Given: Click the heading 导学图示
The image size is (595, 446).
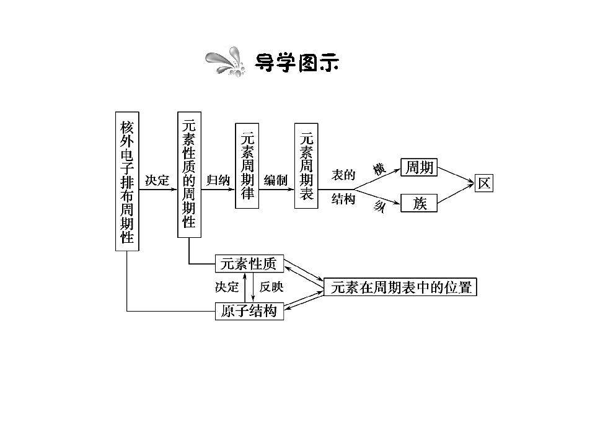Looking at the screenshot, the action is coord(297,63).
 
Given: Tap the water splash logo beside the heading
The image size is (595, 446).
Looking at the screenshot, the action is coord(226,61).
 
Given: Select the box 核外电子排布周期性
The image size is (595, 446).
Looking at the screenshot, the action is coord(127,181).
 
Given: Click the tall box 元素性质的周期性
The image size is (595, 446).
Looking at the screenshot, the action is coord(190,175).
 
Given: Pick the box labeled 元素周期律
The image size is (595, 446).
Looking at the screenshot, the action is coord(247,166).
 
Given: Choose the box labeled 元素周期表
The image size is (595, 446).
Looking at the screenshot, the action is coord(306,166).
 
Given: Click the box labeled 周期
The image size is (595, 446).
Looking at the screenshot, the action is coord(420,167).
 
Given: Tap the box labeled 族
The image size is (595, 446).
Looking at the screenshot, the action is coord(420,203).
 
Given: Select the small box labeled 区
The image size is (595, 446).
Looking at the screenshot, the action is coord(484,183).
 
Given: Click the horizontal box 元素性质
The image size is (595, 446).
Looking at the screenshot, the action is coord(249,264).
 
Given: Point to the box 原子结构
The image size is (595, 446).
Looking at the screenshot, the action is coord(249,311).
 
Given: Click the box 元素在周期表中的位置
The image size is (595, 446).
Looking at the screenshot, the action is coord(400,287).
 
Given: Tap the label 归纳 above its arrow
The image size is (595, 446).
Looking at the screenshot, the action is coord(218,180).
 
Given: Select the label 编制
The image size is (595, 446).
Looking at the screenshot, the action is coord(276,180).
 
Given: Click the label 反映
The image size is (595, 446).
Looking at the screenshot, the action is coord(271,287).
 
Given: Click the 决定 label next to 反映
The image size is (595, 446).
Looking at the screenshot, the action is coord(227,287).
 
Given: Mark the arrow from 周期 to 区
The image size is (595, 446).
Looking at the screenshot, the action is coord(456,175).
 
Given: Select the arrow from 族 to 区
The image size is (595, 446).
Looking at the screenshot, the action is coord(456,193).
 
